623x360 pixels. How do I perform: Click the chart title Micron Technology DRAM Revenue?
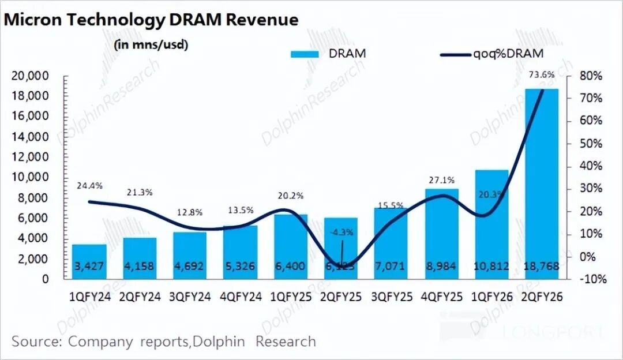pos(151,20)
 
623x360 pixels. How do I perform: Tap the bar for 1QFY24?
pos(89,262)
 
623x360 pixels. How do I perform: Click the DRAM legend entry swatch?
pos(305,54)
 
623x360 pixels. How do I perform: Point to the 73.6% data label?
pos(541,74)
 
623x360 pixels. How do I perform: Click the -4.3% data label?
pos(342,232)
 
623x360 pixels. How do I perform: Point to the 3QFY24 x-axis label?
pos(191,297)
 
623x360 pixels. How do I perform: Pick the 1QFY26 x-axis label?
pos(492,297)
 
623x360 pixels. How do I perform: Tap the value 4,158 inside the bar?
pos(140,267)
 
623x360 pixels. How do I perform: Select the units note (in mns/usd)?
pos(152,44)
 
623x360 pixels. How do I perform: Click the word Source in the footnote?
pos(36,341)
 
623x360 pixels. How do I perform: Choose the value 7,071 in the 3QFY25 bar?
pos(392,267)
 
